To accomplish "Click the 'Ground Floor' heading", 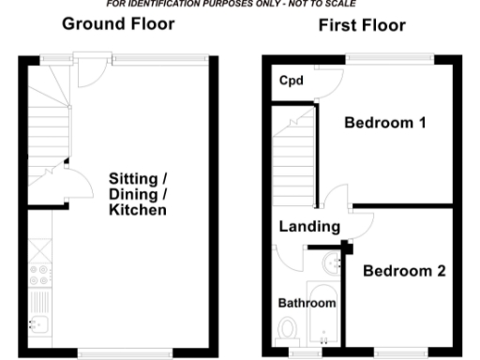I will click(118, 23).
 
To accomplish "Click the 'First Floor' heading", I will click(362, 25).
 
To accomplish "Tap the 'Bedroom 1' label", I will click(384, 123).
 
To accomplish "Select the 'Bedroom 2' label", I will click(404, 272).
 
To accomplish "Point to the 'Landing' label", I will click(308, 226).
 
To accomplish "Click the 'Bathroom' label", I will click(307, 303).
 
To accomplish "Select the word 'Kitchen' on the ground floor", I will click(137, 211).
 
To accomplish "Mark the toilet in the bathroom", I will click(289, 329).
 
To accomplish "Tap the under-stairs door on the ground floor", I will click(71, 185).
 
